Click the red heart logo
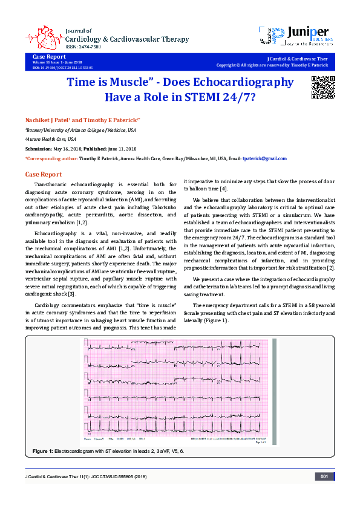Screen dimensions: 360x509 click(x=47, y=36)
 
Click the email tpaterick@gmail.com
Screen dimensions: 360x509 click(x=264, y=158)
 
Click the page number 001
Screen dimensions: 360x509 click(x=324, y=477)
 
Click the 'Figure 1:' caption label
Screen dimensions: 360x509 click(x=42, y=452)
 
